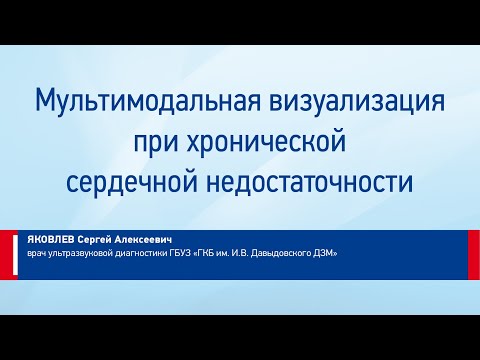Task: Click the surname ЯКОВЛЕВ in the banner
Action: tap(49, 240)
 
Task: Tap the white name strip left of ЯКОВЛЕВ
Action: tap(8, 247)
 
